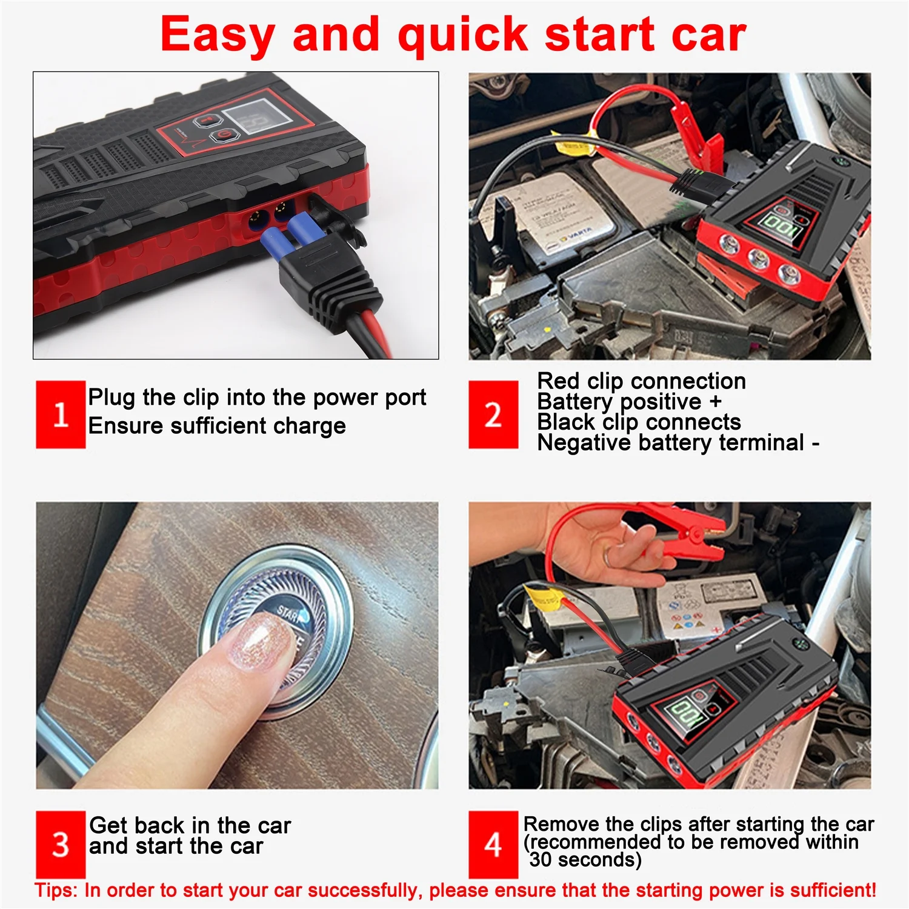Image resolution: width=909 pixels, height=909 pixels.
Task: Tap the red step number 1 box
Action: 60,415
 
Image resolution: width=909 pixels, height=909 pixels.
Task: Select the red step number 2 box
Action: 493,415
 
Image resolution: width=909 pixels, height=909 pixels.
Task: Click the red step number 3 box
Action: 60,844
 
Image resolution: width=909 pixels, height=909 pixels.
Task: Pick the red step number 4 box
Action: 493,844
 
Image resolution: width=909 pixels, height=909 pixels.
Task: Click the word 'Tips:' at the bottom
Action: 56,890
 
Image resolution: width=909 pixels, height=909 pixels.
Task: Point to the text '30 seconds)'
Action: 585,860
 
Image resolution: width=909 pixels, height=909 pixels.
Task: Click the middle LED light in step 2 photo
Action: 757,259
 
